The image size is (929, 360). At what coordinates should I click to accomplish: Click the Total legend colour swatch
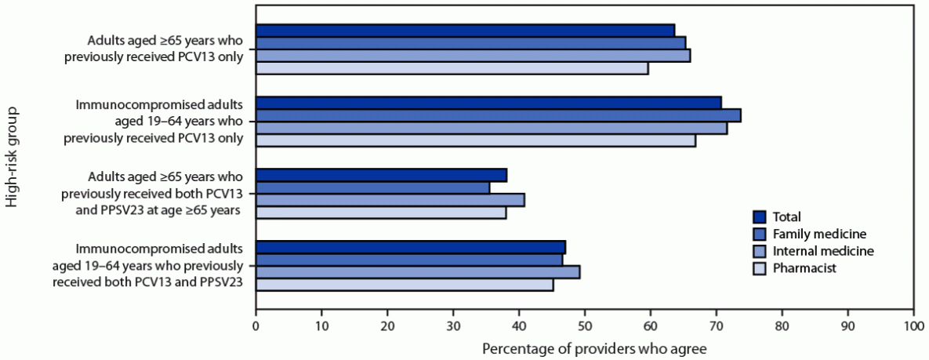(x=759, y=216)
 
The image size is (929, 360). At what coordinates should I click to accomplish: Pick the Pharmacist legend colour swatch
(x=759, y=268)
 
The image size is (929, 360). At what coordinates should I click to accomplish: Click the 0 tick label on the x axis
(x=256, y=324)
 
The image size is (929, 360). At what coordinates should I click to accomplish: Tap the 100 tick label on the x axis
(x=913, y=324)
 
